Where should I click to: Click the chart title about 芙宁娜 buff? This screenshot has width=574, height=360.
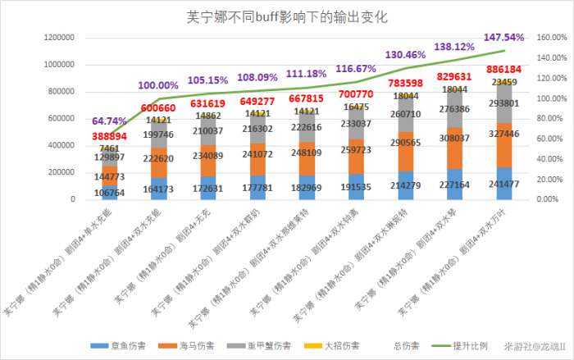tap(287, 16)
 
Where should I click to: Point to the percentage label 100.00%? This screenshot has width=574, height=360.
tap(158, 85)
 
